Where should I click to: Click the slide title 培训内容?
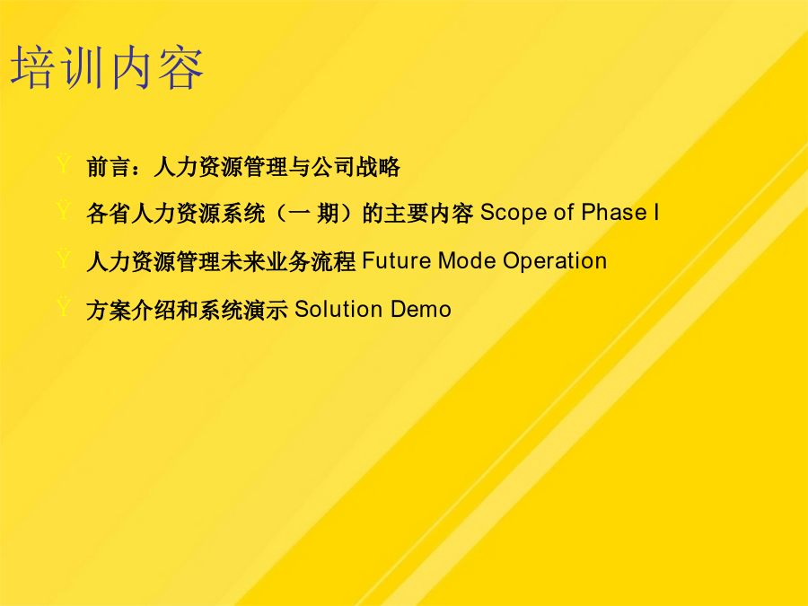pyautogui.click(x=107, y=67)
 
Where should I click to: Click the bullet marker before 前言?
pyautogui.click(x=64, y=163)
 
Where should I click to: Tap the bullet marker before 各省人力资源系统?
pyautogui.click(x=64, y=210)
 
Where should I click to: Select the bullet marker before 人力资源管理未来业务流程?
pyautogui.click(x=64, y=258)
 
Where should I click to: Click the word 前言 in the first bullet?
pyautogui.click(x=109, y=167)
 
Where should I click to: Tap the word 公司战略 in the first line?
pyautogui.click(x=356, y=167)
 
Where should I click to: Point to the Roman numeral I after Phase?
pyautogui.click(x=656, y=212)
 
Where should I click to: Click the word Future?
pyautogui.click(x=397, y=260)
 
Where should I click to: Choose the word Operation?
pyautogui.click(x=555, y=261)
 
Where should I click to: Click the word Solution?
pyautogui.click(x=338, y=309)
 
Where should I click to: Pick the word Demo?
pyautogui.click(x=421, y=309)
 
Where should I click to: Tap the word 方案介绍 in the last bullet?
pyautogui.click(x=131, y=310)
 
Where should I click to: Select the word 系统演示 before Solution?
pyautogui.click(x=242, y=310)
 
